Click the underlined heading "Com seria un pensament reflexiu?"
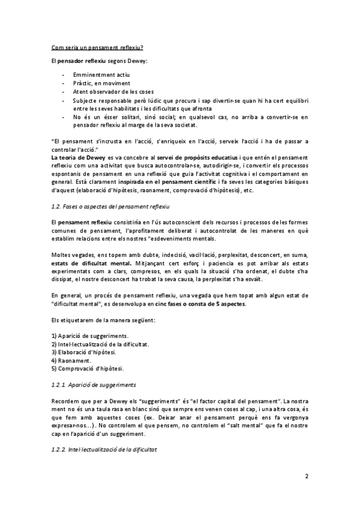pos(97,47)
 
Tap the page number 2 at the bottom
pos(306,477)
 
